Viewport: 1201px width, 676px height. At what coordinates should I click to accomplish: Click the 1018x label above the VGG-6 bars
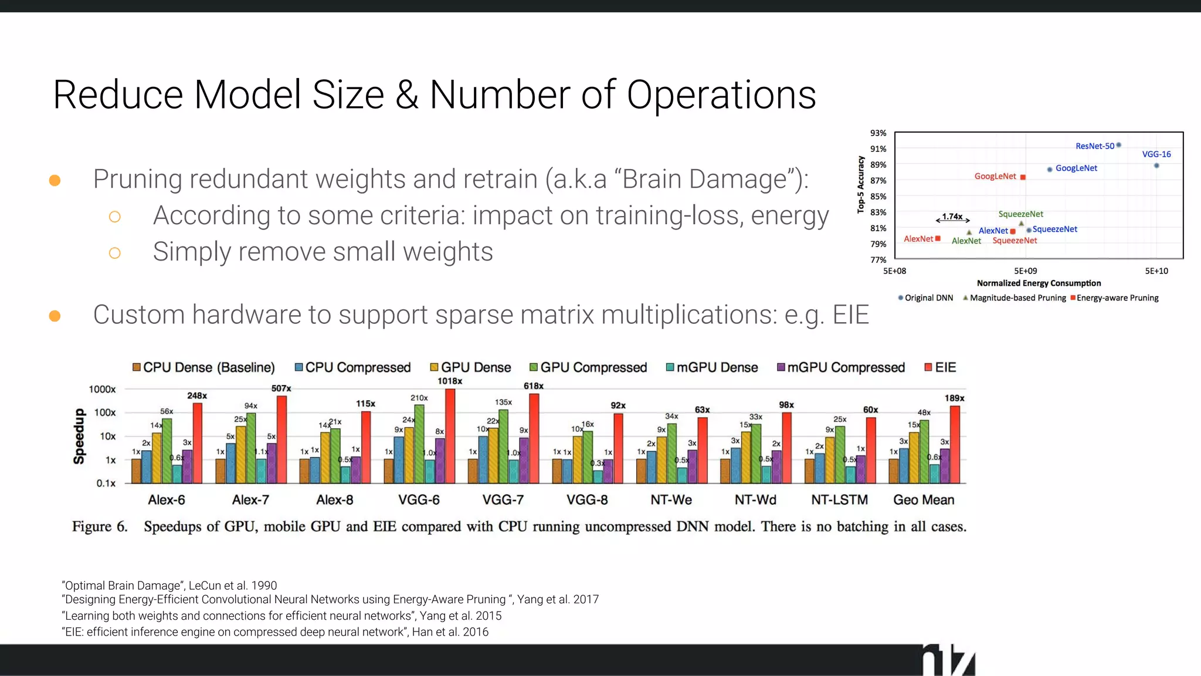[450, 381]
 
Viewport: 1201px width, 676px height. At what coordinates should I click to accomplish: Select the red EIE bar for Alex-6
[198, 443]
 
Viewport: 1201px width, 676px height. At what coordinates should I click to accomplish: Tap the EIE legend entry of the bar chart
[940, 367]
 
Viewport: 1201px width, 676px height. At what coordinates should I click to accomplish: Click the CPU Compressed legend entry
[352, 367]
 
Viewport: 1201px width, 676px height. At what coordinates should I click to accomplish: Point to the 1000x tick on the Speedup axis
[102, 389]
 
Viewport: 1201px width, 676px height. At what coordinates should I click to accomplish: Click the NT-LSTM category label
[839, 500]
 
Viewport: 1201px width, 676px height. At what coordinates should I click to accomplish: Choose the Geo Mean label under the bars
[924, 500]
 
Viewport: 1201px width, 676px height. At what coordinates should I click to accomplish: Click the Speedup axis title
[79, 436]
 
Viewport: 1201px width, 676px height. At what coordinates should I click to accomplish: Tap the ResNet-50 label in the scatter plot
[1094, 146]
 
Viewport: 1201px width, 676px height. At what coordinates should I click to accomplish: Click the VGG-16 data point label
[1156, 154]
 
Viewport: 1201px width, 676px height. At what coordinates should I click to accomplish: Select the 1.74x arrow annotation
[952, 218]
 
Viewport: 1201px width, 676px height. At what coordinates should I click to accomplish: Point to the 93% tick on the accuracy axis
[878, 133]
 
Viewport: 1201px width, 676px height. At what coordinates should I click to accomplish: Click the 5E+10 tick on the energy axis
[1156, 271]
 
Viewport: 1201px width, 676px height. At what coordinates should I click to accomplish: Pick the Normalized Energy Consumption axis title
[1039, 283]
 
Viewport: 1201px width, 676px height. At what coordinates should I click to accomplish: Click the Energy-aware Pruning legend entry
[1114, 298]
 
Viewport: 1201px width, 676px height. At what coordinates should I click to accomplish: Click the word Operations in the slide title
[721, 95]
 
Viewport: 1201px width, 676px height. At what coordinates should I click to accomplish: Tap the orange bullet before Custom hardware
[55, 316]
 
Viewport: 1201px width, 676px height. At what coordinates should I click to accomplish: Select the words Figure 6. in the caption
[100, 526]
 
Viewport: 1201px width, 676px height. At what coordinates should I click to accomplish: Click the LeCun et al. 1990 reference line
[169, 586]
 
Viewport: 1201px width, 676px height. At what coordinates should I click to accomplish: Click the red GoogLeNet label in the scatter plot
[995, 176]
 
